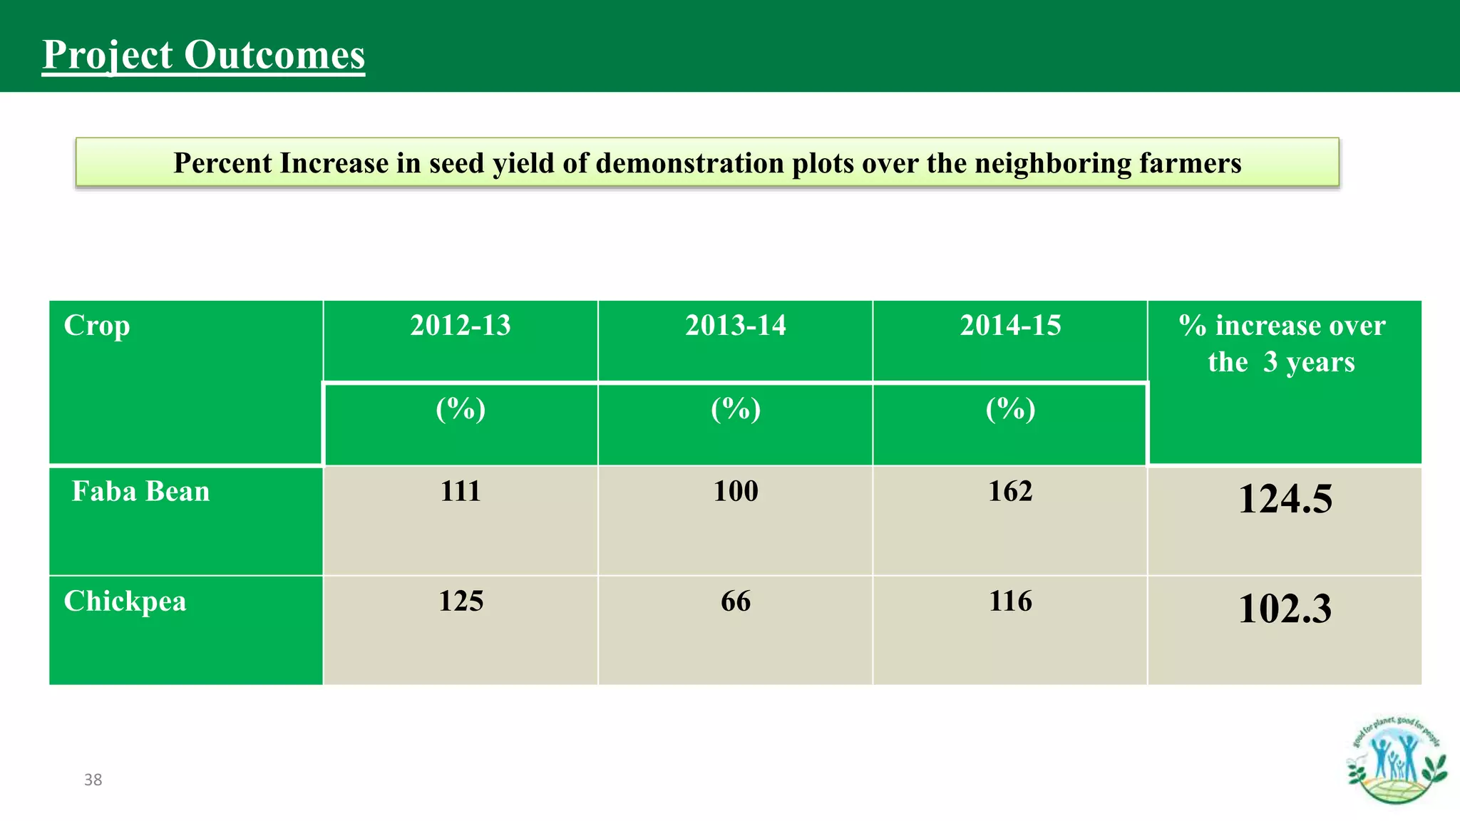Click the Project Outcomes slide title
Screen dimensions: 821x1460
(x=203, y=55)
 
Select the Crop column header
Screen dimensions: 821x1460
(x=97, y=326)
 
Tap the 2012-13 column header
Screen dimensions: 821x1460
(x=461, y=326)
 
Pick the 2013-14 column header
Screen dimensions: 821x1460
(x=735, y=326)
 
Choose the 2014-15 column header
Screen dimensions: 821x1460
(x=1010, y=326)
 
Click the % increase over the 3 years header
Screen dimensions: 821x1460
(x=1282, y=344)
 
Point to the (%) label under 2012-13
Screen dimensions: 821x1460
(x=461, y=409)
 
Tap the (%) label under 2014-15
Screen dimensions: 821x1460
(x=1010, y=409)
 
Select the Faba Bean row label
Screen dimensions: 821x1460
(x=140, y=492)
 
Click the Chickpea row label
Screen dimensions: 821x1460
(x=125, y=601)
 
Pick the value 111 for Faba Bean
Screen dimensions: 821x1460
(x=461, y=492)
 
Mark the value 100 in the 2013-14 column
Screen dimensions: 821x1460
(x=736, y=492)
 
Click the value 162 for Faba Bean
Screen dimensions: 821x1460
(x=1010, y=492)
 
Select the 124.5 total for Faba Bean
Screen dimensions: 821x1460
(x=1285, y=499)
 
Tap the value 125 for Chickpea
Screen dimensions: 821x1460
(x=461, y=601)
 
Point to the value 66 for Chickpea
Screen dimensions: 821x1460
(x=736, y=601)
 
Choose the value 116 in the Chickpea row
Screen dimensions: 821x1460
(x=1010, y=601)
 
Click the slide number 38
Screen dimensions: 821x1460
(x=93, y=780)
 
